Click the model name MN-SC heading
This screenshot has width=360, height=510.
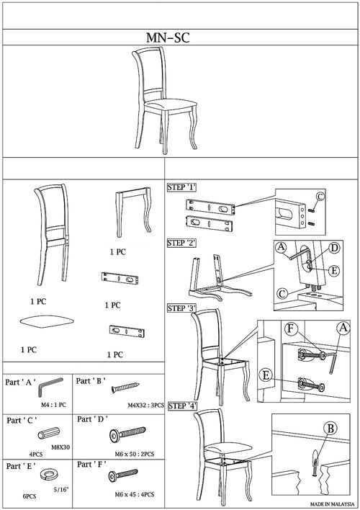pos(168,37)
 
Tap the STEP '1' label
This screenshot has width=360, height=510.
pos(181,187)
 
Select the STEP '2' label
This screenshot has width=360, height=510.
pos(181,243)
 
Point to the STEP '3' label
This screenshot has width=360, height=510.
pos(181,308)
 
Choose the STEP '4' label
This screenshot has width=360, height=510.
pos(183,406)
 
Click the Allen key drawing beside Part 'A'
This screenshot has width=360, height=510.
pos(49,386)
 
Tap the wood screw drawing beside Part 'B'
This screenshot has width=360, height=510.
pos(125,388)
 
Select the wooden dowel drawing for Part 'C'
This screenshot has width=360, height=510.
pos(49,433)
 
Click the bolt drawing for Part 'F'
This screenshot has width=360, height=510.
pos(123,475)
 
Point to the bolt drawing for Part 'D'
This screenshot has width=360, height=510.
pos(127,434)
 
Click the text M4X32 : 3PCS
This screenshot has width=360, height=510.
pos(145,406)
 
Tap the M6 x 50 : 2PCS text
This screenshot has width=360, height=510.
pos(135,454)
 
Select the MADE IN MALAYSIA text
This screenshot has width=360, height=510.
pos(332,504)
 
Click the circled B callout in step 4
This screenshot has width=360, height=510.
pos(330,429)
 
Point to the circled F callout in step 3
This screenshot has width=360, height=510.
pos(291,328)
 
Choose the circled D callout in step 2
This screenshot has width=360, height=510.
pos(334,249)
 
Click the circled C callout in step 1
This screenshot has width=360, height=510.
pos(320,197)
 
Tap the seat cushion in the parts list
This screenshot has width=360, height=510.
pos(47,321)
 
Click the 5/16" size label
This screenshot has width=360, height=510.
pos(61,490)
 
